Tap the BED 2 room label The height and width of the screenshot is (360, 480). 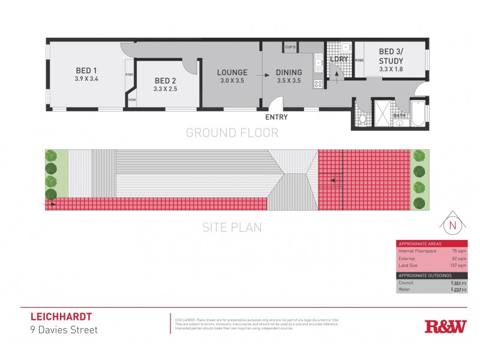click(x=166, y=81)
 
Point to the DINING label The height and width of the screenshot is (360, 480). click(x=289, y=73)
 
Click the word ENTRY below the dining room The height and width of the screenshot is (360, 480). click(x=276, y=117)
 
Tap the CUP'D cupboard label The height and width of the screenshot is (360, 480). click(x=291, y=47)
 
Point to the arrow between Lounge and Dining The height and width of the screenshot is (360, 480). click(x=265, y=76)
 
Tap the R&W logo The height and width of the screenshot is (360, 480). click(x=445, y=326)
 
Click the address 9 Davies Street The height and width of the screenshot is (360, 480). click(x=64, y=329)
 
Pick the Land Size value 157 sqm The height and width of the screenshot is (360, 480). click(x=458, y=265)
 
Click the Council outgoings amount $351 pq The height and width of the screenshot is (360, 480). click(x=458, y=282)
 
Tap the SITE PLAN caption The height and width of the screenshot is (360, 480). click(x=232, y=227)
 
